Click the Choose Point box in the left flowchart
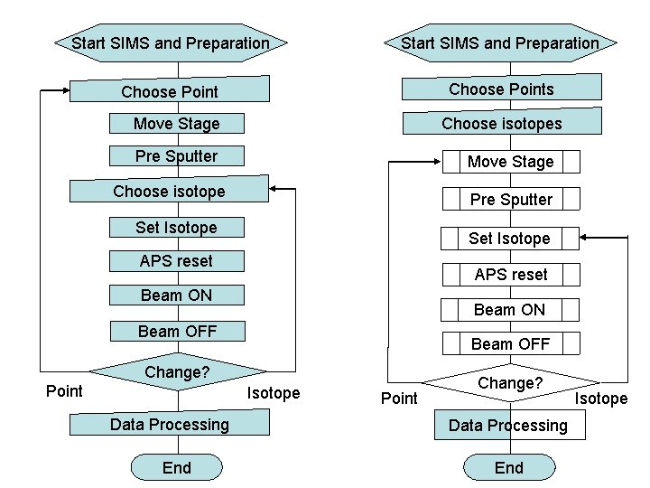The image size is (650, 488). pyautogui.click(x=170, y=91)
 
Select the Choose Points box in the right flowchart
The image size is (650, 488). pyautogui.click(x=501, y=89)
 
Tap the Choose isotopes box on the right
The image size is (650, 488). pyautogui.click(x=501, y=123)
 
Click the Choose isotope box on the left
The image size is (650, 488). pyautogui.click(x=170, y=191)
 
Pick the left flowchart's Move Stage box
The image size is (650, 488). pyautogui.click(x=176, y=123)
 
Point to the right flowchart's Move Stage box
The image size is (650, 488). pyautogui.click(x=510, y=162)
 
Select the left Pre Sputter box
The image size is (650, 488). pyautogui.click(x=176, y=156)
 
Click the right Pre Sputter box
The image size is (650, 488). pyautogui.click(x=510, y=200)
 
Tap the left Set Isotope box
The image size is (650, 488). pyautogui.click(x=176, y=228)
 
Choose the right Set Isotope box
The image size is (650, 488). pyautogui.click(x=509, y=239)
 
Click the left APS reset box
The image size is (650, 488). pyautogui.click(x=176, y=261)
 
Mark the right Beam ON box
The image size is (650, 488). pyautogui.click(x=509, y=310)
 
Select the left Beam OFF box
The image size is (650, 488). pyautogui.click(x=177, y=331)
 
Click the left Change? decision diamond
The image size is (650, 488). pyautogui.click(x=177, y=372)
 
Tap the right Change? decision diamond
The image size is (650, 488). pyautogui.click(x=510, y=384)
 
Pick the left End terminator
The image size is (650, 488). pyautogui.click(x=177, y=467)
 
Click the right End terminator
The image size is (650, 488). pyautogui.click(x=508, y=467)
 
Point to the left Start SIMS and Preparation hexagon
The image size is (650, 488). pyautogui.click(x=171, y=42)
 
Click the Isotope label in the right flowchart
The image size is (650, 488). pyautogui.click(x=601, y=399)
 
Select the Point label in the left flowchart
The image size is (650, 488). pyautogui.click(x=64, y=390)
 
